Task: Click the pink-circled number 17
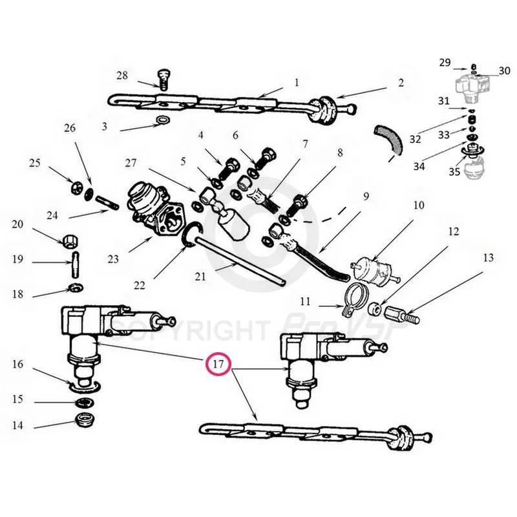coord(218,364)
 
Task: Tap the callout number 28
coord(123,76)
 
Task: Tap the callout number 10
coord(419,206)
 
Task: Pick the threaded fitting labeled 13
coord(403,316)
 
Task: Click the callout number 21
coord(200,277)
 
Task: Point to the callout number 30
coord(504,70)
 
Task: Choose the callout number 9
coord(365,195)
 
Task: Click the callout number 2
coord(401,83)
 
